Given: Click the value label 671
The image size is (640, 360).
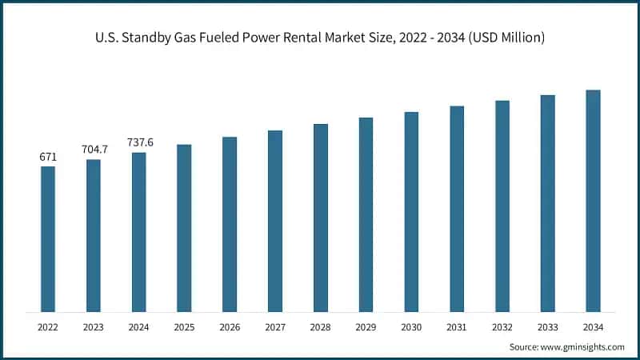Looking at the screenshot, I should coord(48,157).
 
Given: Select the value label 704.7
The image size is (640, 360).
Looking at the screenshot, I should coord(94,150).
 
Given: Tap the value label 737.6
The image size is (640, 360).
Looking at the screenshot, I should coord(139,142).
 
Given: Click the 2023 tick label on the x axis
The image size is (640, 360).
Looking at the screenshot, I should coord(94,327).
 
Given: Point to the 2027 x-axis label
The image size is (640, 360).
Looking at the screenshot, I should coord(275,327).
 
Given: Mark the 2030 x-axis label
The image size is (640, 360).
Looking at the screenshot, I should coord(411,327).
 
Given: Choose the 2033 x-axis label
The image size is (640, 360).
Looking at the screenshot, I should coord(547,327).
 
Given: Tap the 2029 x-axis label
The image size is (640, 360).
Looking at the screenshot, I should coord(366,327).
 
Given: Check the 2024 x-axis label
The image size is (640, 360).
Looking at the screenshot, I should coord(139,327).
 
